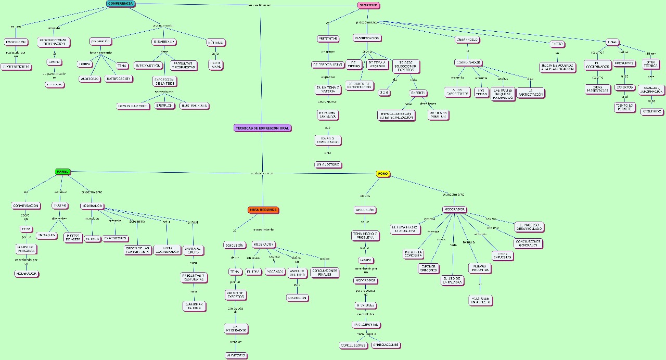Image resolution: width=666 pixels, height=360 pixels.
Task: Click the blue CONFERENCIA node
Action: (x=121, y=4)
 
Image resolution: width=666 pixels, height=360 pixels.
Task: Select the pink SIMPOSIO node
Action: (x=368, y=6)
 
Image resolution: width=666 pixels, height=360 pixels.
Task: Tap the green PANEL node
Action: (x=63, y=172)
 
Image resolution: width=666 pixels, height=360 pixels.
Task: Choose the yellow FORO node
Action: (x=383, y=174)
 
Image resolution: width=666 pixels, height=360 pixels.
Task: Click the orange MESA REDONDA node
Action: (x=263, y=210)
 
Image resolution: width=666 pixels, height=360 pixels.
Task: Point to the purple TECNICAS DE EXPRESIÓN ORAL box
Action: (x=262, y=128)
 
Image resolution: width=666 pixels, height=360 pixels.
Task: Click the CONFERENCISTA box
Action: (x=16, y=67)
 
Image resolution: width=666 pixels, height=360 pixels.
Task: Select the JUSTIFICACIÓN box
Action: (x=119, y=79)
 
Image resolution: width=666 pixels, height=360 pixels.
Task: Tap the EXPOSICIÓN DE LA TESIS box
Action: (x=164, y=81)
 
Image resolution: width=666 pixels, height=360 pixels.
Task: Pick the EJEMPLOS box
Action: (x=164, y=106)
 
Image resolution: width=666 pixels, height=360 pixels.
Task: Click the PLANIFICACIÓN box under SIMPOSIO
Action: (x=367, y=38)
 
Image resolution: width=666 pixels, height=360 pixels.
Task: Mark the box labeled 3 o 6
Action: (x=384, y=93)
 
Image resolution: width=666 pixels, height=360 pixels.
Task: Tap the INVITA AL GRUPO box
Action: (x=193, y=250)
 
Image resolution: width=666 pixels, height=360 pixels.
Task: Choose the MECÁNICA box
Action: (x=275, y=272)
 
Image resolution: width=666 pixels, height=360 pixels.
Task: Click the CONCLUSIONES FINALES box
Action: (x=325, y=273)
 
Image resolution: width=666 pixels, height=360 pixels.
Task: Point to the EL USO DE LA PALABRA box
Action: (x=452, y=280)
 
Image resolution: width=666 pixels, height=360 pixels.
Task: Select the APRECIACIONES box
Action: (x=386, y=345)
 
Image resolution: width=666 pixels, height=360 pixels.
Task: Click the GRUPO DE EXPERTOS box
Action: (x=235, y=295)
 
